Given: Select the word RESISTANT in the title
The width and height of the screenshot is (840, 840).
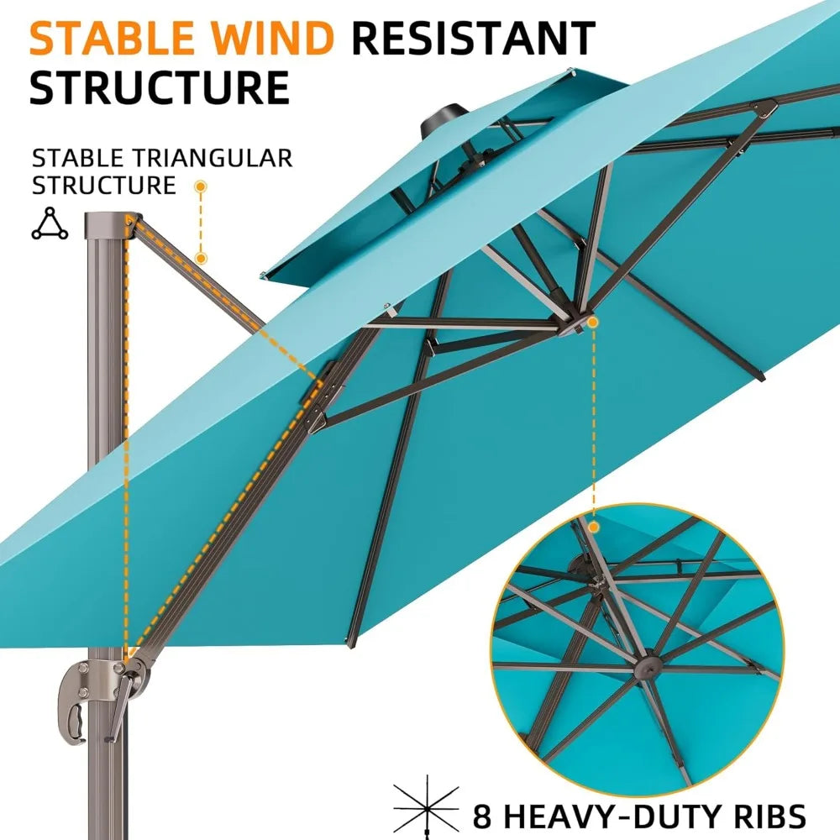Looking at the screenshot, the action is coord(474,38).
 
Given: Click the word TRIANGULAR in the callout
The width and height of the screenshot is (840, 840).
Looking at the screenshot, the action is coord(213,158).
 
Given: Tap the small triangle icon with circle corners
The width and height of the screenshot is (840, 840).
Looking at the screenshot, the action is coord(50,223).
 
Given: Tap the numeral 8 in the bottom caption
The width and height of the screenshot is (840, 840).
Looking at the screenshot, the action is coord(482,816).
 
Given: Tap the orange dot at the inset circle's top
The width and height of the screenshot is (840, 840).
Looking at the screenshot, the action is coord(593,528).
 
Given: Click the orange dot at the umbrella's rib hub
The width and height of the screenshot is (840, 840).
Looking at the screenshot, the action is coord(592,322).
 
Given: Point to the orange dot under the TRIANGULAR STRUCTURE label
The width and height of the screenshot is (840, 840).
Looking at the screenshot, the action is coord(201,186).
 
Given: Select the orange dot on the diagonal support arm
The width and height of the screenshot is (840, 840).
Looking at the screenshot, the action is coord(201,258).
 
